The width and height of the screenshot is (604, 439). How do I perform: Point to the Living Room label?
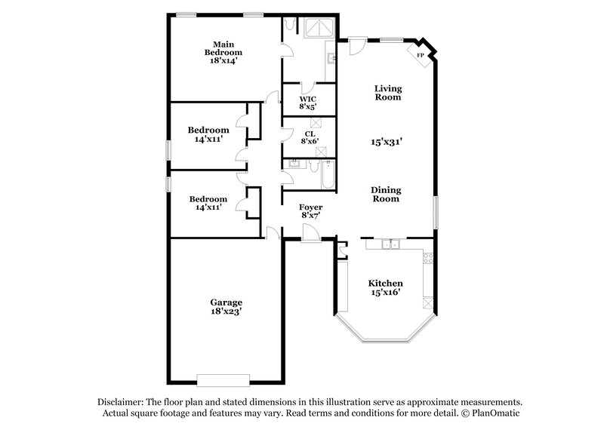(387, 93)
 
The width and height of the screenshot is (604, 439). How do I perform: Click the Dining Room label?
(386, 195)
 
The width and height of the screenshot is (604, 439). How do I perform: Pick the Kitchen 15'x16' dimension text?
(385, 292)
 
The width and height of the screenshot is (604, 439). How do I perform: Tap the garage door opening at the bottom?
(223, 379)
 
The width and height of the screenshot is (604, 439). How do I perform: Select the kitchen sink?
(390, 244)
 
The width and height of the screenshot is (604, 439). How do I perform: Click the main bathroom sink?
(331, 57)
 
